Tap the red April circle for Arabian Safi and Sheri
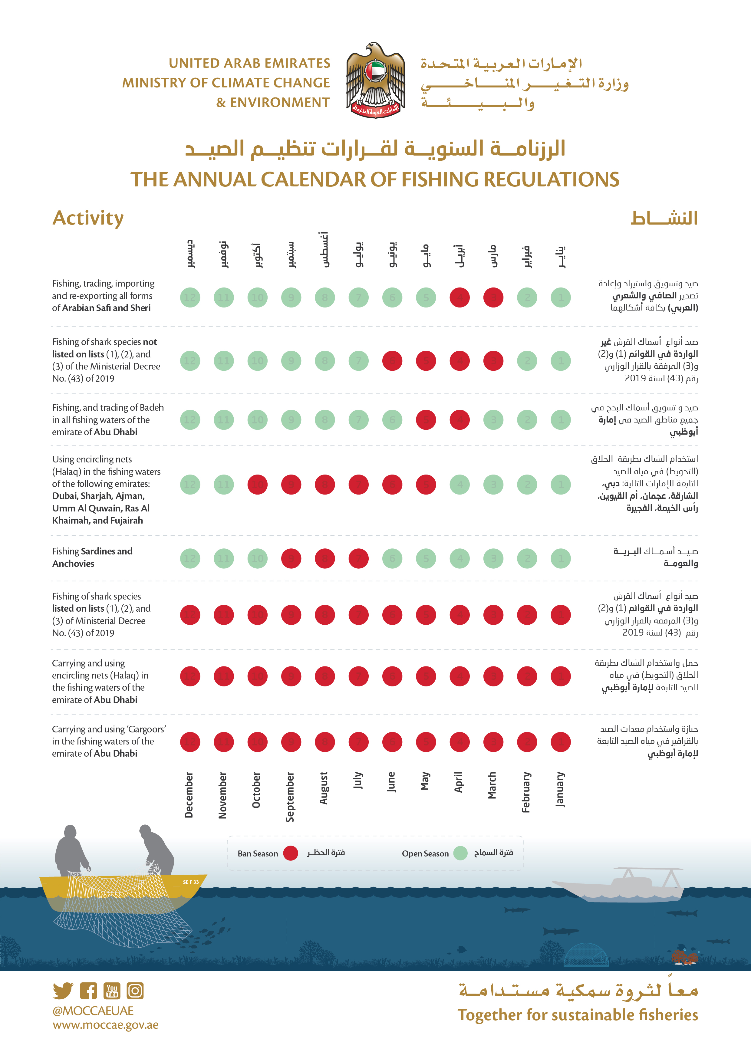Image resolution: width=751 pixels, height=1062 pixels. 459,298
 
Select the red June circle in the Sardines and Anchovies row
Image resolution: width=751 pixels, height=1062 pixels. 392,558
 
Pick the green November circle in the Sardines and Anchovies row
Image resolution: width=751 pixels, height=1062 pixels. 223,558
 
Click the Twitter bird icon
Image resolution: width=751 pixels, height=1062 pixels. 63,990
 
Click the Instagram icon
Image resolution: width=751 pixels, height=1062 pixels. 135,990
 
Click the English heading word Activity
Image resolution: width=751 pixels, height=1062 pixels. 88,218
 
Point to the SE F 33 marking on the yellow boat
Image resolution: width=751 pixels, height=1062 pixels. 191,882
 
